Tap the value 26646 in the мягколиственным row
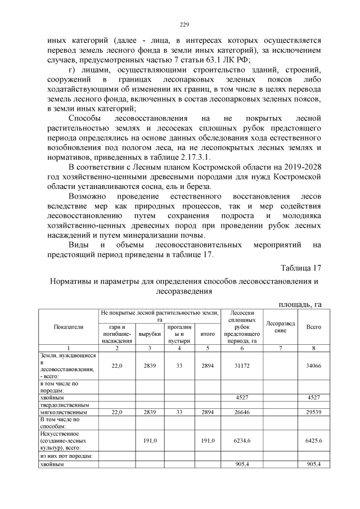[x=242, y=412]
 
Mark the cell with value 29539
[x=313, y=412]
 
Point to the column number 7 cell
[x=280, y=349]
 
